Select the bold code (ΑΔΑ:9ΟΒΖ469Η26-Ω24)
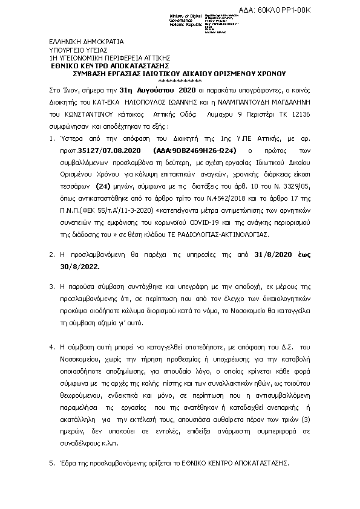[x=188, y=149]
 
